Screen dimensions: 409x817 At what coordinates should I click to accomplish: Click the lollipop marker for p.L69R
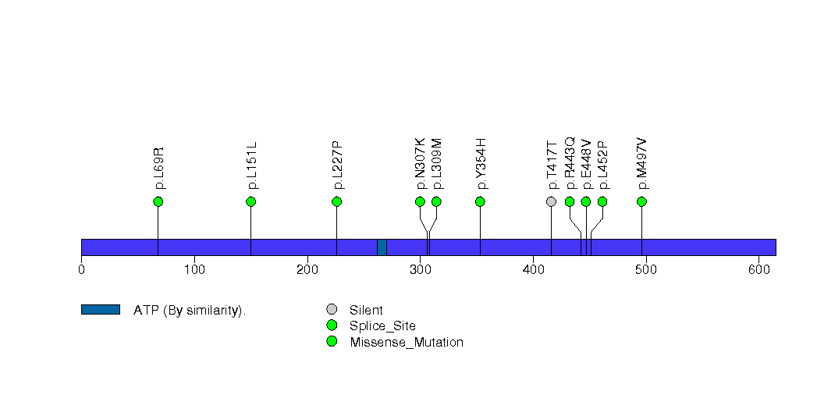click(x=158, y=201)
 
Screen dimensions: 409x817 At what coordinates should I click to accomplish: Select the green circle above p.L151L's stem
click(x=250, y=201)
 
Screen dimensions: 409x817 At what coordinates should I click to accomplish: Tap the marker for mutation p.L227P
click(x=336, y=201)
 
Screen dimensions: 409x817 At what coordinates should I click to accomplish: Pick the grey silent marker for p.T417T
click(x=551, y=201)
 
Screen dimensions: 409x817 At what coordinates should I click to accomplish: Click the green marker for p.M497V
click(x=641, y=201)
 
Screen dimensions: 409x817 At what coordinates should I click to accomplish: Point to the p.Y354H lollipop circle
click(x=480, y=201)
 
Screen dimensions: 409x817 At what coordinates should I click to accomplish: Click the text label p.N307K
click(x=421, y=163)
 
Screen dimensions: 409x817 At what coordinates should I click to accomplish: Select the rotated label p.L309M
click(x=437, y=163)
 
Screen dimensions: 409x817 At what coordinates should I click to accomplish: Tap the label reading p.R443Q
click(x=570, y=163)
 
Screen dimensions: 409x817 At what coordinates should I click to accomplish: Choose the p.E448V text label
click(x=587, y=163)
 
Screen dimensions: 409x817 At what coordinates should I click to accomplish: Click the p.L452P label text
click(x=603, y=165)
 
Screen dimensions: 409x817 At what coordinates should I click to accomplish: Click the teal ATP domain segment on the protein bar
click(x=382, y=247)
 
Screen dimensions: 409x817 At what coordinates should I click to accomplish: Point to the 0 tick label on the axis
click(x=81, y=270)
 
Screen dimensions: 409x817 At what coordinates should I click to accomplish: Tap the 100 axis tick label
click(x=194, y=270)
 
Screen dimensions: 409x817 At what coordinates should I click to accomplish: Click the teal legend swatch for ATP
click(x=100, y=310)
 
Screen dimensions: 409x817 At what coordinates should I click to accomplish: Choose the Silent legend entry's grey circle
click(x=332, y=310)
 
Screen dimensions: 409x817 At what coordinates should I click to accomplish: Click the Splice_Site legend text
click(x=382, y=326)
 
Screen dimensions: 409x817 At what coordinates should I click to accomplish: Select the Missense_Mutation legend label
click(x=406, y=343)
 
